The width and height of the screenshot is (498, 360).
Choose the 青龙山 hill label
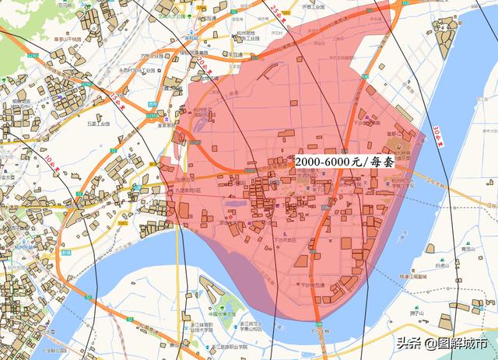pos(467,249)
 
